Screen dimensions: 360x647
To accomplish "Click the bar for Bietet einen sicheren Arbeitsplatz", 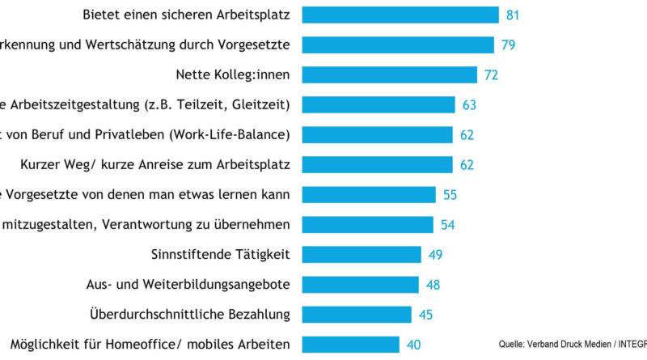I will [x=400, y=15].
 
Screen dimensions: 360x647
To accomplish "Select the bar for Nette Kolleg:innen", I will [x=390, y=74].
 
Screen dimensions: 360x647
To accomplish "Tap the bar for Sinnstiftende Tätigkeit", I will [x=362, y=255].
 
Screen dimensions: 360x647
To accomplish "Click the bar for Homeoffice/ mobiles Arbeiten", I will [x=350, y=345].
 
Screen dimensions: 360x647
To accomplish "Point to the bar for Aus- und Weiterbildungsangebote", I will [x=360, y=285].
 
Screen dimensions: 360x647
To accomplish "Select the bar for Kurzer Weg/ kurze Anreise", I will [x=377, y=165].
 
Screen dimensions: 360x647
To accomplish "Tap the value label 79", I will [x=509, y=44].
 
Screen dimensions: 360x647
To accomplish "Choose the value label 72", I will [x=492, y=74].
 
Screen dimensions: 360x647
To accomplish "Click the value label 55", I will [x=451, y=195].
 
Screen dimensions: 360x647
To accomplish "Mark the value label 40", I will [x=414, y=345].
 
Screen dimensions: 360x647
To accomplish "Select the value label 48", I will [x=433, y=285].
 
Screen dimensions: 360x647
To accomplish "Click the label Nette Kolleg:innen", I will [x=233, y=74].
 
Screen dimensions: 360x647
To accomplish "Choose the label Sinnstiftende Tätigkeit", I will [x=221, y=255].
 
